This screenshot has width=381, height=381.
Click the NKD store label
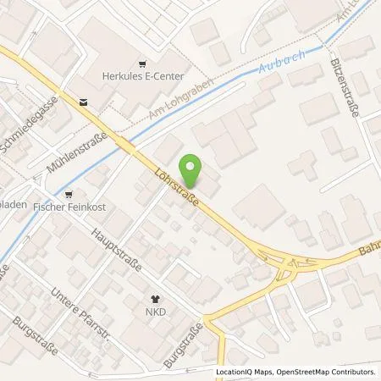coord(154,311)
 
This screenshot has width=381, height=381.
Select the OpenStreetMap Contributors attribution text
coord(326,372)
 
